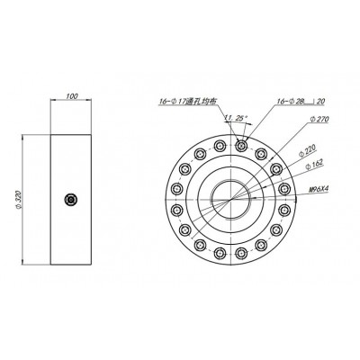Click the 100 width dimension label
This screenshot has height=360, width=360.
[x=72, y=96]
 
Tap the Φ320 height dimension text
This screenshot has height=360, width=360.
[x=18, y=199]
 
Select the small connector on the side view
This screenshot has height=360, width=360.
[x=71, y=200]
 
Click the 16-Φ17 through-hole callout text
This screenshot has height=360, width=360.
[x=187, y=102]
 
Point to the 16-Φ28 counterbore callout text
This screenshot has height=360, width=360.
[x=290, y=102]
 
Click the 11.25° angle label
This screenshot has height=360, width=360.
[x=236, y=118]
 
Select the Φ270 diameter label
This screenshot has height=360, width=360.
[x=319, y=120]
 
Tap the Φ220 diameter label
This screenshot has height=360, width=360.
[x=308, y=152]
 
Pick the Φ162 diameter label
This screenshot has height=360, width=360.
[x=314, y=164]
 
